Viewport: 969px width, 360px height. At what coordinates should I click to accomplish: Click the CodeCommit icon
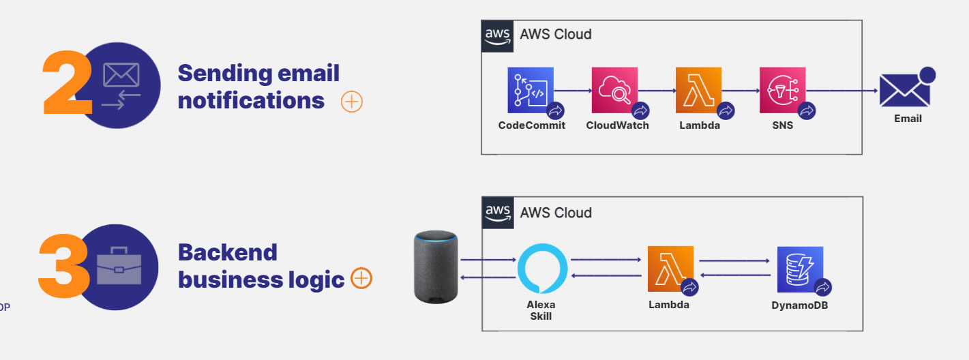(x=531, y=90)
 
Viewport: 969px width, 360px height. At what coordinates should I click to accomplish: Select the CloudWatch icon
(x=614, y=90)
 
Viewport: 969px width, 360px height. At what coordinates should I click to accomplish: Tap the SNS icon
(x=782, y=90)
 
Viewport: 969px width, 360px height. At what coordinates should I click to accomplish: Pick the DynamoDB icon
(x=800, y=269)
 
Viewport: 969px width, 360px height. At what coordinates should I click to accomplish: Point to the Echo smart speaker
(x=436, y=267)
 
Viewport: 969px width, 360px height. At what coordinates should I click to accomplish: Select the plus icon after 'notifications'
(x=351, y=102)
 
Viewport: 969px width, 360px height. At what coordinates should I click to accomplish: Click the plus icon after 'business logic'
(x=361, y=278)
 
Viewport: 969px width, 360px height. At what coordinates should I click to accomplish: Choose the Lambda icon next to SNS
(x=698, y=90)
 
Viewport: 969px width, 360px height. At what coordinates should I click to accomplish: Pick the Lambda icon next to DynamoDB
(x=670, y=269)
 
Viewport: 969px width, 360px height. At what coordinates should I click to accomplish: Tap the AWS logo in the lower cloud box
(x=498, y=213)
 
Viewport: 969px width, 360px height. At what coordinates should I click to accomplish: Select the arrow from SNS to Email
(x=842, y=90)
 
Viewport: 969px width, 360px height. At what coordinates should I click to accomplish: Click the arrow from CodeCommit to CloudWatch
(x=572, y=90)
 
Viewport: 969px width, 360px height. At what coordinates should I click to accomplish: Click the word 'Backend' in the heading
(x=227, y=252)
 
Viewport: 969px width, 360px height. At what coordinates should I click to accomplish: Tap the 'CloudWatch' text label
(x=617, y=125)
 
